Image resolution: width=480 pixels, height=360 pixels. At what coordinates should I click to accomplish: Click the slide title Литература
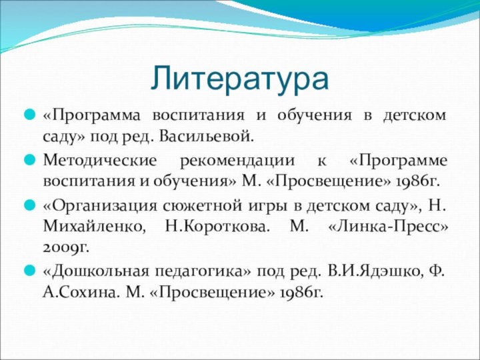point(239,77)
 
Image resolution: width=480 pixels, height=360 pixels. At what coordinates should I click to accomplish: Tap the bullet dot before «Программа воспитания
point(29,115)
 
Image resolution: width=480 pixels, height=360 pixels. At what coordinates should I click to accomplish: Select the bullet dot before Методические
point(29,161)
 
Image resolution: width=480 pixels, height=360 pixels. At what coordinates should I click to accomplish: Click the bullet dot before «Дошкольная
point(29,271)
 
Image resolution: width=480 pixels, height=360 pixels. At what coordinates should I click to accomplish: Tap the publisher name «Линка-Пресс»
point(389,227)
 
